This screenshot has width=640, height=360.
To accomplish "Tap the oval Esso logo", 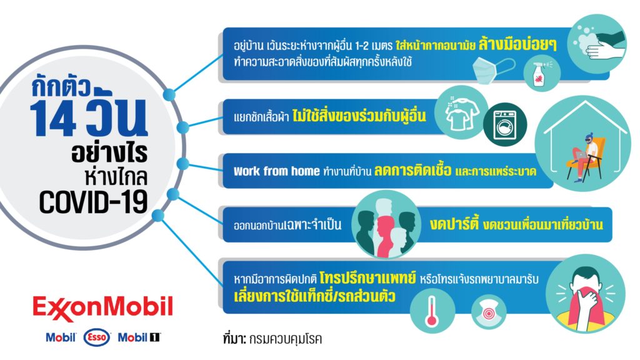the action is click(x=97, y=337).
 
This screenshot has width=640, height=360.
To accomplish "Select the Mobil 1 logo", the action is click(x=139, y=337).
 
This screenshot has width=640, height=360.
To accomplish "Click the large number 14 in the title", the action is click(x=53, y=119).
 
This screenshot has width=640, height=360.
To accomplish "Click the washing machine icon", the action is click(x=505, y=124).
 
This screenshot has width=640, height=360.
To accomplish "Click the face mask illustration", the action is click(x=493, y=69).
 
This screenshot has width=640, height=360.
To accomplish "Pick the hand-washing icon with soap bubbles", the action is click(x=597, y=44).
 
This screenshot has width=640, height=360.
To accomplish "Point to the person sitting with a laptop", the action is click(x=584, y=157).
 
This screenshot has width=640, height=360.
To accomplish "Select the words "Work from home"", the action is click(x=276, y=171).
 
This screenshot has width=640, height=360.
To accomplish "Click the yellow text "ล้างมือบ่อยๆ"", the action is click(x=517, y=44).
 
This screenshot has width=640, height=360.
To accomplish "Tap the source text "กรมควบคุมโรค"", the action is click(x=285, y=339).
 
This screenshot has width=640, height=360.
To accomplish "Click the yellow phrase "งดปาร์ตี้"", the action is click(x=454, y=224).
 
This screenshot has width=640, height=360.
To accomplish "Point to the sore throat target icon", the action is click(x=489, y=312).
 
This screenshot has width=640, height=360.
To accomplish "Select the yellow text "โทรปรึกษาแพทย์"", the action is click(x=367, y=278).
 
